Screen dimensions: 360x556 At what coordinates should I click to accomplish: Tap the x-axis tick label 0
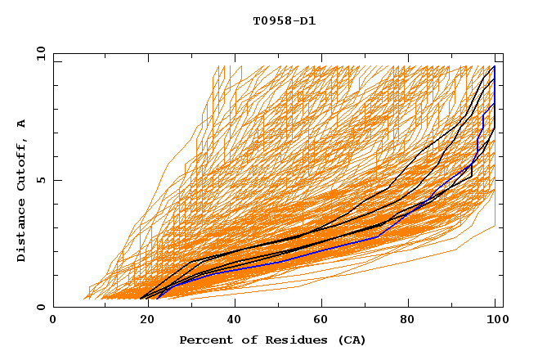pos(53,320)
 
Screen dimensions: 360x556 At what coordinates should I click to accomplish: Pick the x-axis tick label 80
pos(408,320)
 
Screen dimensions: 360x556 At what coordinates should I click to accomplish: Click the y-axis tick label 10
pos(38,53)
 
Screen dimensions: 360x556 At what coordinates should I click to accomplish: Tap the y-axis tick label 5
pos(42,180)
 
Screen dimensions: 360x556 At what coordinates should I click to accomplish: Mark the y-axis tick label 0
pos(42,307)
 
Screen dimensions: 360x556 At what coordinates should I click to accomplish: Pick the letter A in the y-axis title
pos(22,124)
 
